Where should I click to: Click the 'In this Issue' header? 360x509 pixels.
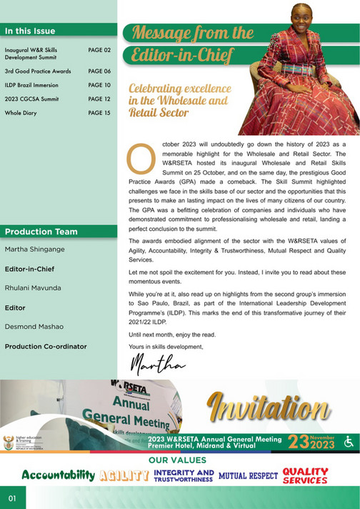(x=30, y=31)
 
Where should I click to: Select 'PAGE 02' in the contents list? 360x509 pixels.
(x=99, y=51)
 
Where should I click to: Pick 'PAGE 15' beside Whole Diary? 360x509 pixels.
(x=99, y=113)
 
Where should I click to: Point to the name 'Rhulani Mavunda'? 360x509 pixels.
(x=34, y=288)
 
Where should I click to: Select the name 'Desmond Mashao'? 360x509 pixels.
(x=34, y=327)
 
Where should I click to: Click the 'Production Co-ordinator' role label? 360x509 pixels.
(x=46, y=346)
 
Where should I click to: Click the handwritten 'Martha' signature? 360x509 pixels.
(x=159, y=364)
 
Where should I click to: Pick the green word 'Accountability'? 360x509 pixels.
(x=58, y=475)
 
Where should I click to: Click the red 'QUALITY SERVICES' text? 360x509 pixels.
(x=305, y=475)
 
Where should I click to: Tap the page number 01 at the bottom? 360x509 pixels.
(x=12, y=498)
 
